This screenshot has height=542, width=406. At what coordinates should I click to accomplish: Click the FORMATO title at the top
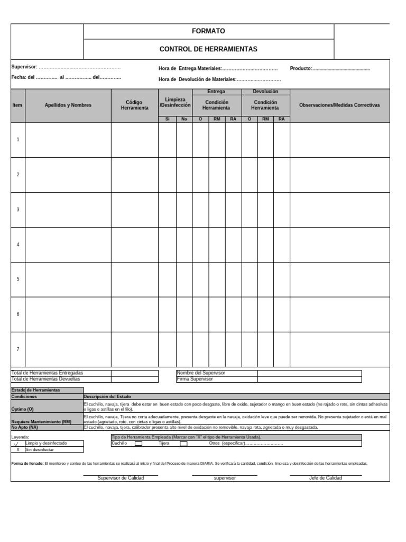[208, 31]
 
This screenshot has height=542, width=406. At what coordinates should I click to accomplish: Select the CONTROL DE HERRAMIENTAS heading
[208, 49]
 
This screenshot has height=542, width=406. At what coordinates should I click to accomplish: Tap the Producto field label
[301, 68]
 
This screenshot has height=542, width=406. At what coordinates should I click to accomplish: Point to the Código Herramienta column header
[134, 105]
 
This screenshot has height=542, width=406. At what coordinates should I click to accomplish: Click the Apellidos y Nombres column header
[68, 105]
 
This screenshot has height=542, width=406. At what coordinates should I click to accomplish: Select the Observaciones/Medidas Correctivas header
[339, 105]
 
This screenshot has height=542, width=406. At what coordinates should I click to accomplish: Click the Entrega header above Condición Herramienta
[216, 92]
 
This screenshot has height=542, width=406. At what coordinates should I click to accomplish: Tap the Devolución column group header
[265, 92]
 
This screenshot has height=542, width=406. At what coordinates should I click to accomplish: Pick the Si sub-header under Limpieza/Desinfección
[167, 119]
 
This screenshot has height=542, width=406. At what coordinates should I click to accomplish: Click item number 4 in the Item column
[18, 245]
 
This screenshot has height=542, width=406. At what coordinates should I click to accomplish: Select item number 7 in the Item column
[18, 349]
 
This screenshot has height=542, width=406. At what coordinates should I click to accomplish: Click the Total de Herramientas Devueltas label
[45, 379]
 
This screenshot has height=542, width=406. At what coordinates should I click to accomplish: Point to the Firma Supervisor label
[195, 379]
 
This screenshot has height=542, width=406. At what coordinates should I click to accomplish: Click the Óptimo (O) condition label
[22, 409]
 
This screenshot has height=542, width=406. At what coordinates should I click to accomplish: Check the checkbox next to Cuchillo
[139, 444]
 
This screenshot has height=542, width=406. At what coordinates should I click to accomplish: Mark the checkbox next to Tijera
[183, 444]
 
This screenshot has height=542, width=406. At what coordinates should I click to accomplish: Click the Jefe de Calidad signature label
[326, 478]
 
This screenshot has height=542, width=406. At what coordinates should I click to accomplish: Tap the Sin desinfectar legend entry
[39, 449]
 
